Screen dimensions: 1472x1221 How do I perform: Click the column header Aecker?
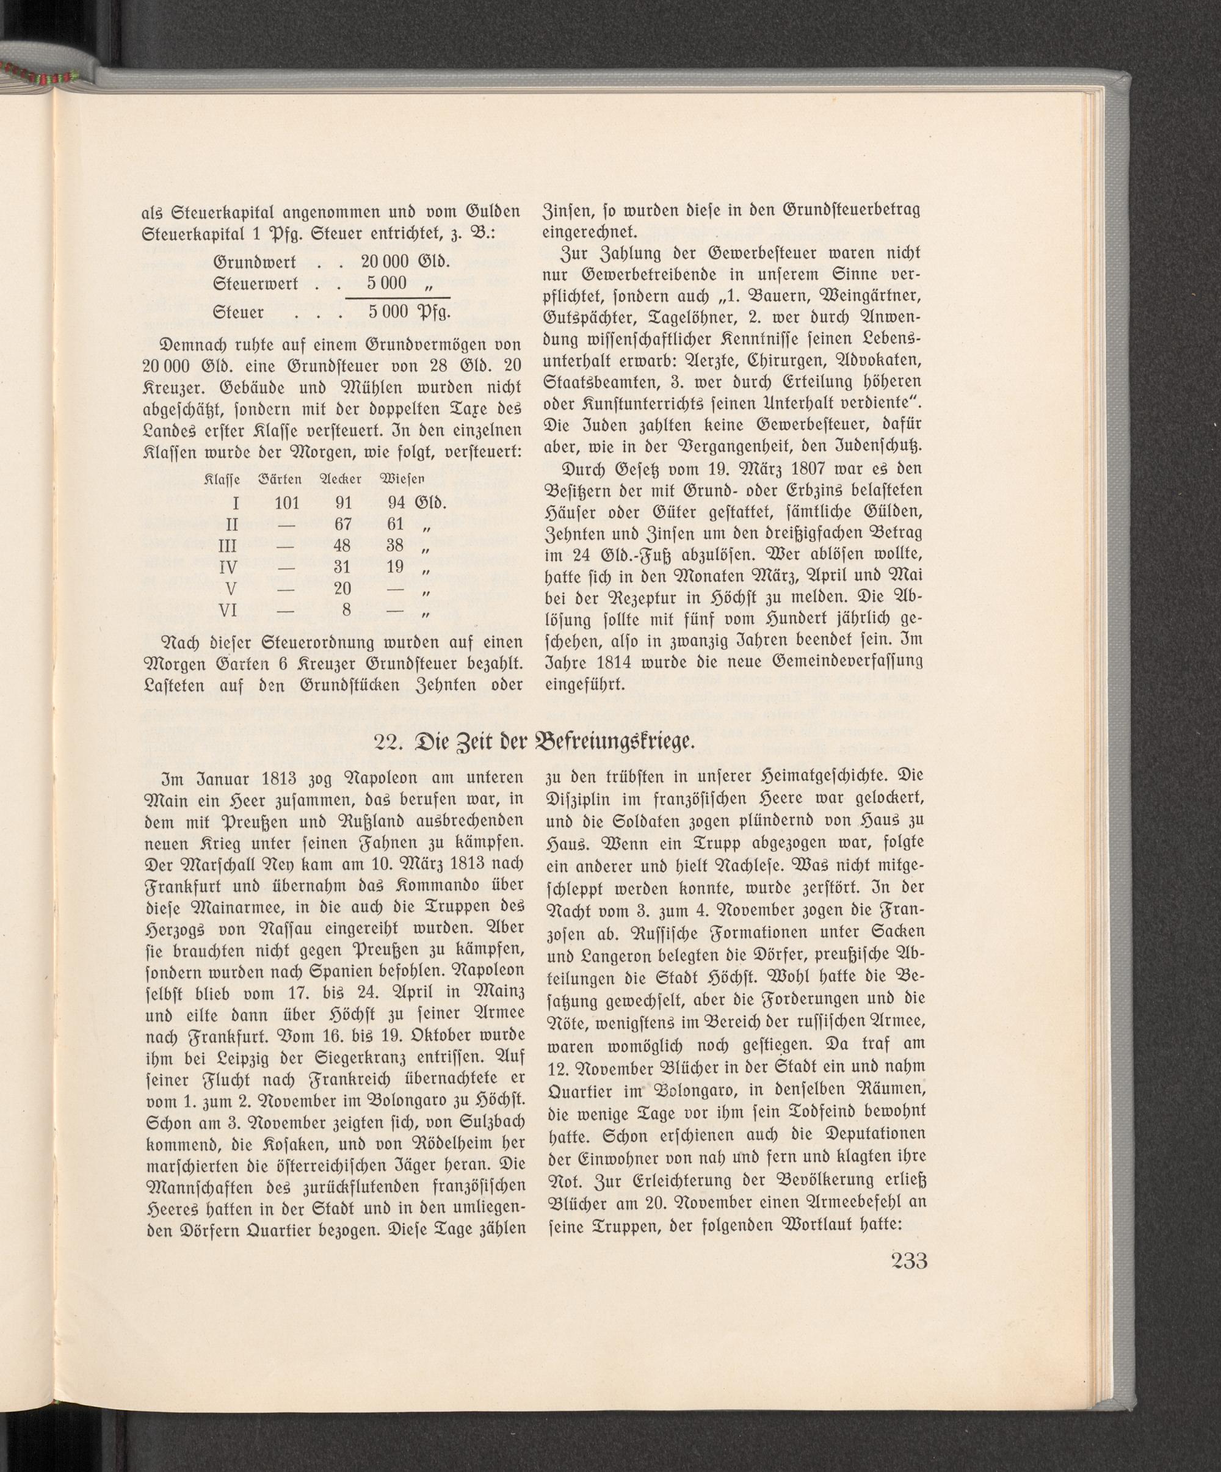pos(340,479)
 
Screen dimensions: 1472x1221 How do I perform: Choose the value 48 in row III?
pos(342,545)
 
